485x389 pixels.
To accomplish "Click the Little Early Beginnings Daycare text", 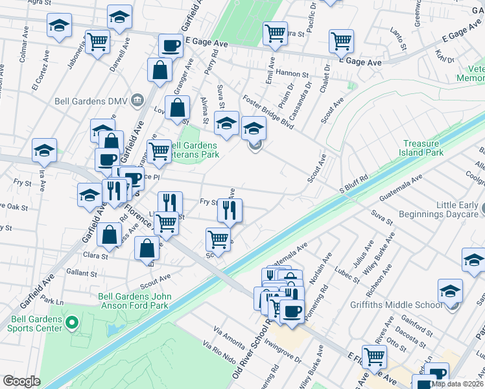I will click(457, 209).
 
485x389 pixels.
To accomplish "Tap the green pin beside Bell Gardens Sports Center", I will click(72, 321).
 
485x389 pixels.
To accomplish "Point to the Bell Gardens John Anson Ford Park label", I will click(134, 301).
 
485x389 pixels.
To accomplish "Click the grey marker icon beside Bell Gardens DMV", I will click(137, 99).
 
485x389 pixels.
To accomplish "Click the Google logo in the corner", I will click(21, 381).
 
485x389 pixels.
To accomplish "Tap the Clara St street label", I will click(95, 256).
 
